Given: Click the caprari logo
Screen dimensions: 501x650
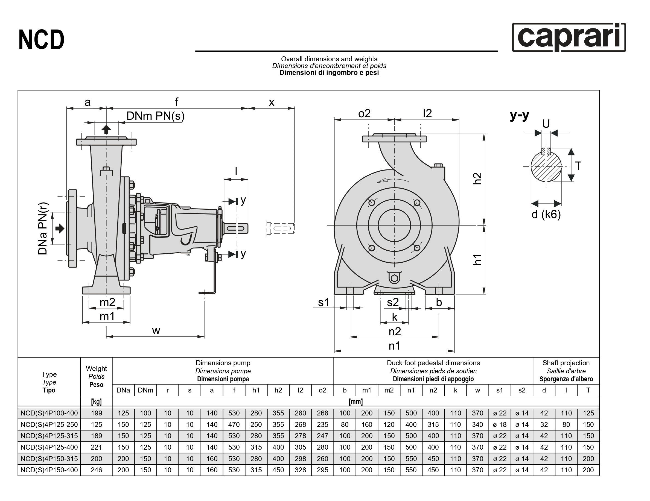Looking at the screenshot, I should point(569,37).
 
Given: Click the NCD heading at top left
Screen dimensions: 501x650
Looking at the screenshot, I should point(41,40).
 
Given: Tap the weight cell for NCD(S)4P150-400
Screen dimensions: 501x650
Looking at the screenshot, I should point(96,470).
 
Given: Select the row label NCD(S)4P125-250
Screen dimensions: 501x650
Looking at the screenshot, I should point(49,424).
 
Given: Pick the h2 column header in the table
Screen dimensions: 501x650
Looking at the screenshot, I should point(278,390).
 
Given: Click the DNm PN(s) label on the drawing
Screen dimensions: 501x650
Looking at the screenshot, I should point(155,116).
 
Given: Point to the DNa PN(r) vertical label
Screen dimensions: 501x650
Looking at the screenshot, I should point(43,228).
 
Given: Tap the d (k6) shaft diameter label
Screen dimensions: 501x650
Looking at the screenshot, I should point(546,214).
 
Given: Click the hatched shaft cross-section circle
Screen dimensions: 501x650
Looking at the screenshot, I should point(546,167).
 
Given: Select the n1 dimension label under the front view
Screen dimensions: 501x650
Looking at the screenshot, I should point(394,346).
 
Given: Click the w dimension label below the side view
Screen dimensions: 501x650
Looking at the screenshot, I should point(156,330).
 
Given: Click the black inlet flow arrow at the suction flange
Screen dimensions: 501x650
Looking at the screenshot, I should point(60,228).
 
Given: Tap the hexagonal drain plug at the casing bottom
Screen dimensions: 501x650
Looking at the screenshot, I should point(394,279).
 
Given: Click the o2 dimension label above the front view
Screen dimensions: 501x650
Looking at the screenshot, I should point(364,113).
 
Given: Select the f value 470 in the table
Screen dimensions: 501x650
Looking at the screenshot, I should point(234,424).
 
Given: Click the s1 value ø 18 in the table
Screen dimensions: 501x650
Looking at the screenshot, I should point(499,424).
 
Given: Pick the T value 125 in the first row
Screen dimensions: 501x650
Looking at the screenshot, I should point(588,413).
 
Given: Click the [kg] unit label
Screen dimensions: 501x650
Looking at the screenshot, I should point(96,402).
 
